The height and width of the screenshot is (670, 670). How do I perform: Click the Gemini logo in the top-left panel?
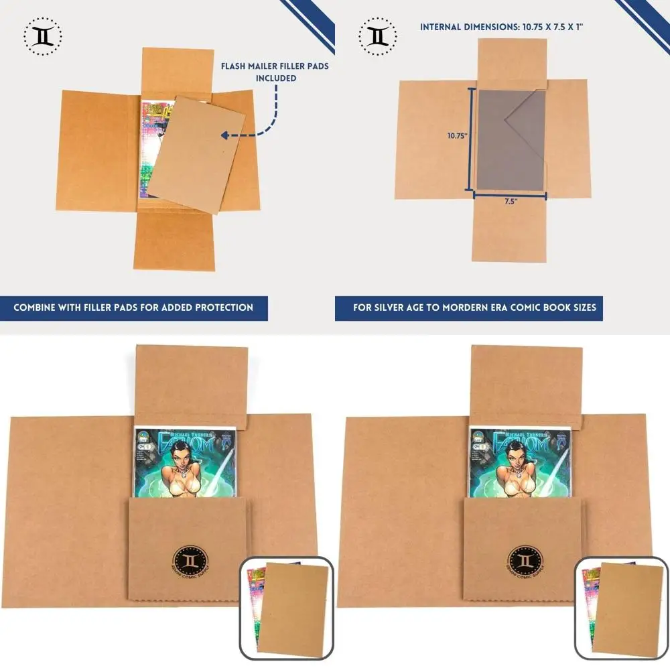[42, 36]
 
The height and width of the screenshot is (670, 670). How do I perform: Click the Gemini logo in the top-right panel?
[378, 36]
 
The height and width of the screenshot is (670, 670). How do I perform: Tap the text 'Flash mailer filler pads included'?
[275, 72]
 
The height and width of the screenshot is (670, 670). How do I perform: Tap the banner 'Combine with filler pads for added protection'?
[134, 308]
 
